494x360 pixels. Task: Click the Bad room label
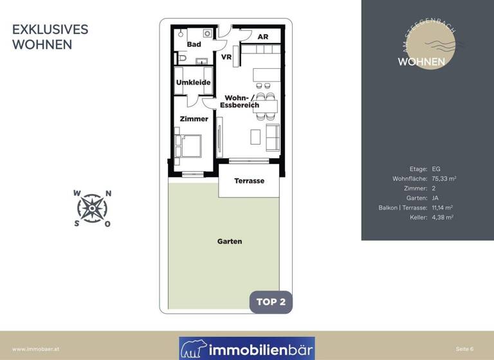(194, 44)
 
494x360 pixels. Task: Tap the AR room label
(262, 37)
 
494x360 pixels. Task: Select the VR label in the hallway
(226, 57)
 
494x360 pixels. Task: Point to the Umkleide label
(194, 83)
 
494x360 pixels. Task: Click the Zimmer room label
(194, 119)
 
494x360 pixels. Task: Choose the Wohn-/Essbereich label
(239, 101)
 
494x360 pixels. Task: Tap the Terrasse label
(249, 181)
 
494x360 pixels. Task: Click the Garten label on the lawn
(230, 242)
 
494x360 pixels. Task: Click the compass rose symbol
(93, 208)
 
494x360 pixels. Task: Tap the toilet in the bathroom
(181, 59)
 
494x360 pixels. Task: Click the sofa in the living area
(273, 136)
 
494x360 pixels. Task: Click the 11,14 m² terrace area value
(443, 208)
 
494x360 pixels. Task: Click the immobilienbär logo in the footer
(247, 348)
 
